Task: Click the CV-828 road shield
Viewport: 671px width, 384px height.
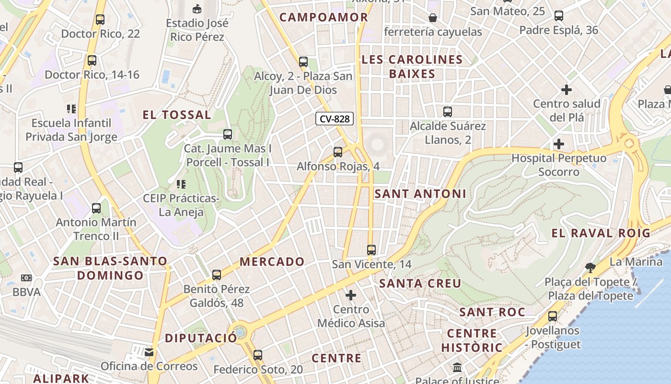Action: coord(335,119)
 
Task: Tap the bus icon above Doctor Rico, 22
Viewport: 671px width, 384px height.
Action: coord(100,20)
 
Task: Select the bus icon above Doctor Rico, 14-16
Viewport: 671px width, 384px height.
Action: coord(92,60)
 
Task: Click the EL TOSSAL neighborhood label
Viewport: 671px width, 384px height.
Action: coord(177,115)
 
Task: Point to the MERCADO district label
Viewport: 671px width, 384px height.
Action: coord(272,262)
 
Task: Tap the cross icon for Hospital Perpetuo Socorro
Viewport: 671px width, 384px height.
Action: coord(558,144)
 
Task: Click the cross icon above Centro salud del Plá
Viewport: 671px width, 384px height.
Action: coord(567,90)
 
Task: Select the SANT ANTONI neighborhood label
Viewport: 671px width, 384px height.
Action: coord(420,193)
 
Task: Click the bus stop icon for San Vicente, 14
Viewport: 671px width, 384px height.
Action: coord(371,250)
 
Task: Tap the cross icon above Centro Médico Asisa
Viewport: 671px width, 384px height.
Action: coord(351,295)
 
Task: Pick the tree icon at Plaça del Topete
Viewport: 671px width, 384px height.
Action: coord(590,267)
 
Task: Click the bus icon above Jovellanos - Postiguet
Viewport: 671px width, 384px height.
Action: coord(553,316)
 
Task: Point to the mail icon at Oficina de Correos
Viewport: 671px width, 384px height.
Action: coord(149,352)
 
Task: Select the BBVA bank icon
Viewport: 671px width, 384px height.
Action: coord(26,278)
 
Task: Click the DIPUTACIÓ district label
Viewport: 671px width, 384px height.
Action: coord(201,338)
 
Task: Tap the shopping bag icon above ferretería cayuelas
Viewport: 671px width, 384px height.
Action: coord(433,18)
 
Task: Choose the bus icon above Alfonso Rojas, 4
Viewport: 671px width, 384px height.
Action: coord(338,152)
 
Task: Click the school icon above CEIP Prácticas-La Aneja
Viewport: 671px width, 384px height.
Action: coord(181,184)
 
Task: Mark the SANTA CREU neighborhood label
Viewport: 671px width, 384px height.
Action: coord(420,283)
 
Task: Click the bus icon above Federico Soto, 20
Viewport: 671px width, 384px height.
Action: coord(258,355)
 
